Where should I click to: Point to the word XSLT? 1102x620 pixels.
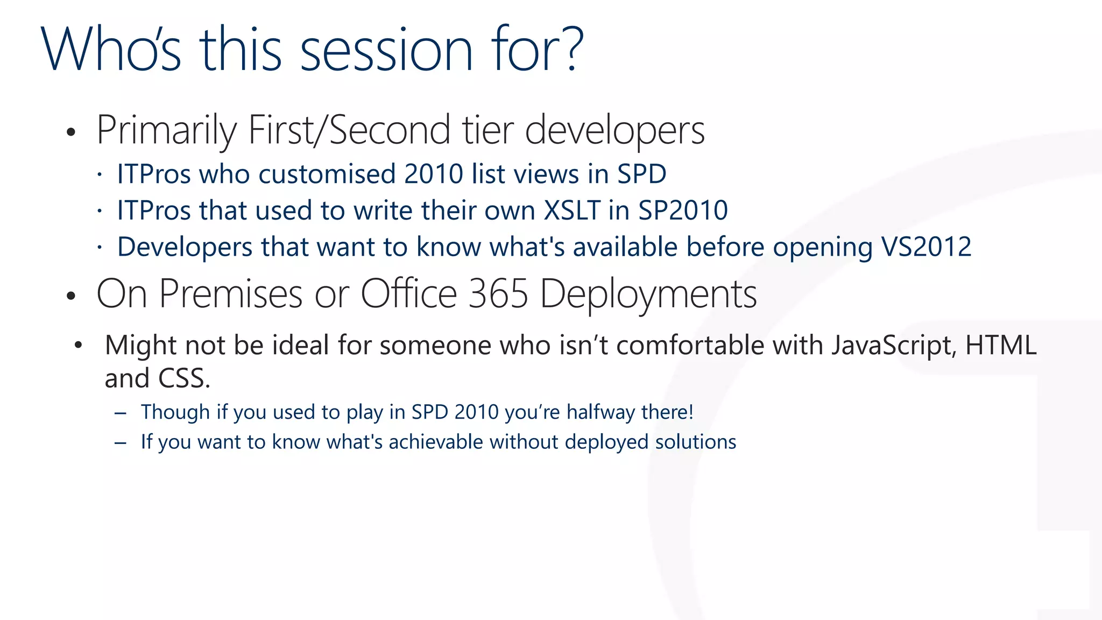point(571,210)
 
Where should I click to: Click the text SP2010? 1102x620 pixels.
point(682,210)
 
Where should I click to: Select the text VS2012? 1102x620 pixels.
point(926,246)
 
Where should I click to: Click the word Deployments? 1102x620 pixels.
point(648,295)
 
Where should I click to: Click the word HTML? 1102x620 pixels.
point(1001,345)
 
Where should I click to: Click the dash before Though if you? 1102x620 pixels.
point(121,413)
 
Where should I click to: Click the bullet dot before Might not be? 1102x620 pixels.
point(79,345)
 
